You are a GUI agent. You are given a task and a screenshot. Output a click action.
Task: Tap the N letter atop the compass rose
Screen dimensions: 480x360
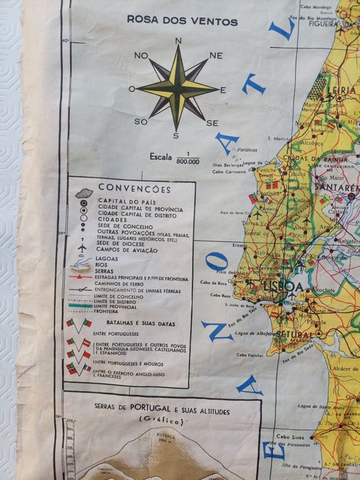coord(178,41)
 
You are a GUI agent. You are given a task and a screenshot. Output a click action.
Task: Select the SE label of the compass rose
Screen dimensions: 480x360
coord(212,123)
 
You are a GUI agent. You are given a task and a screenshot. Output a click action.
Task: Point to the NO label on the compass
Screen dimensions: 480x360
coord(142,56)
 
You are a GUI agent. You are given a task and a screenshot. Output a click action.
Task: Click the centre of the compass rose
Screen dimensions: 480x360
coord(178,88)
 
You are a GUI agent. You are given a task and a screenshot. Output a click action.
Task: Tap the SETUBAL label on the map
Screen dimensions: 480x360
coord(296,335)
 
